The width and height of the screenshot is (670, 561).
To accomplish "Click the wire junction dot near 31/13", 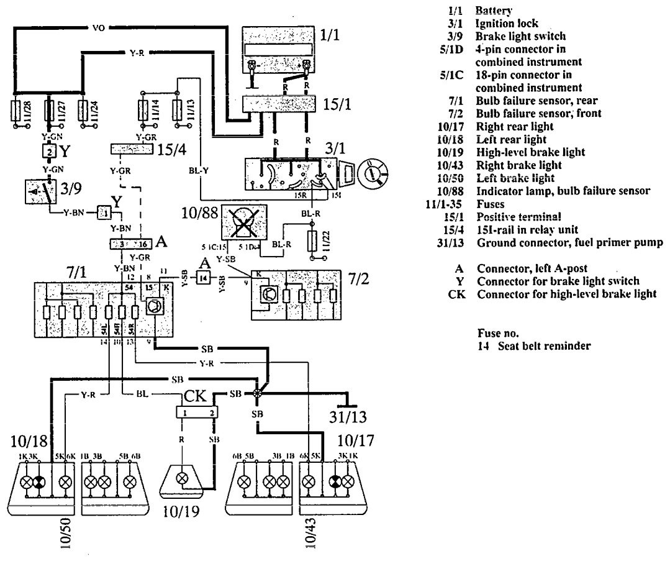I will (x=256, y=393).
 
